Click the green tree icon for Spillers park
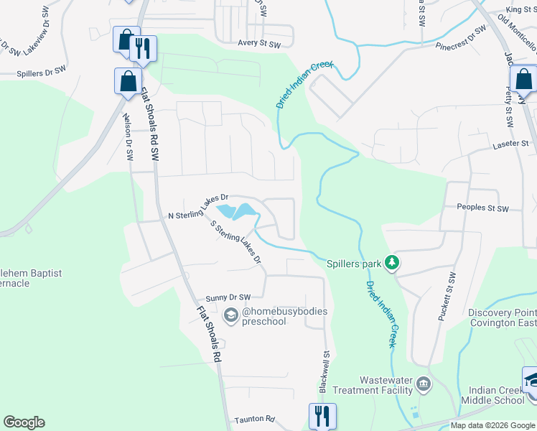pyautogui.click(x=392, y=263)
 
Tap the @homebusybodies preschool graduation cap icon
pyautogui.click(x=231, y=314)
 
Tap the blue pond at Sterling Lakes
pyautogui.click(x=237, y=211)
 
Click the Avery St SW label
pyautogui.click(x=261, y=42)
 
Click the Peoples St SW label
pyautogui.click(x=482, y=208)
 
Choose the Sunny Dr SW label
pyautogui.click(x=228, y=297)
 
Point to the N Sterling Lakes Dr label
pyautogui.click(x=197, y=206)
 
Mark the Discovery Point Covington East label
pyautogui.click(x=502, y=318)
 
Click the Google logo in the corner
pyautogui.click(x=24, y=422)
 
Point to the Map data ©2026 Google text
pyautogui.click(x=492, y=425)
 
